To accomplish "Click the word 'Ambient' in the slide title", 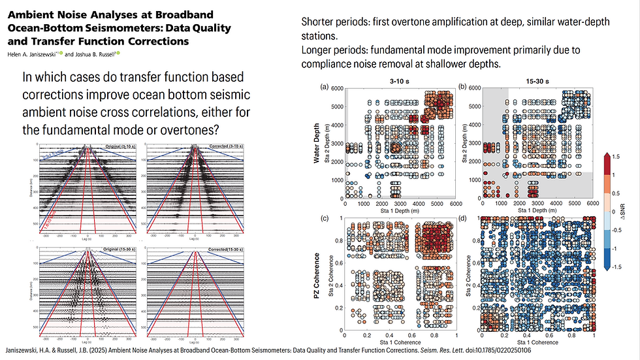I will click(x=32, y=14).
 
